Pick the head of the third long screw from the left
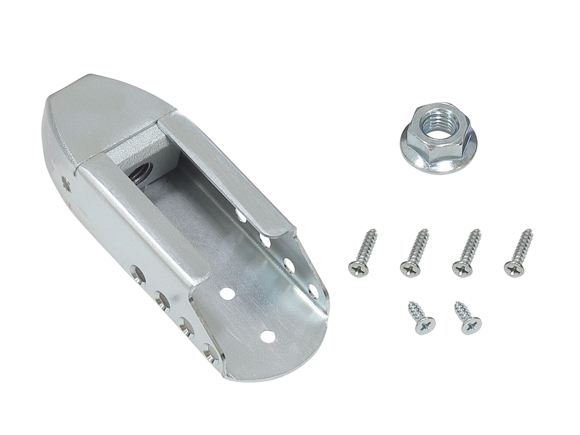461,269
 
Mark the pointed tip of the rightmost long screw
530,231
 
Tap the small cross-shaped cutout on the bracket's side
65,182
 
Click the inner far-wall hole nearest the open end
313,289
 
